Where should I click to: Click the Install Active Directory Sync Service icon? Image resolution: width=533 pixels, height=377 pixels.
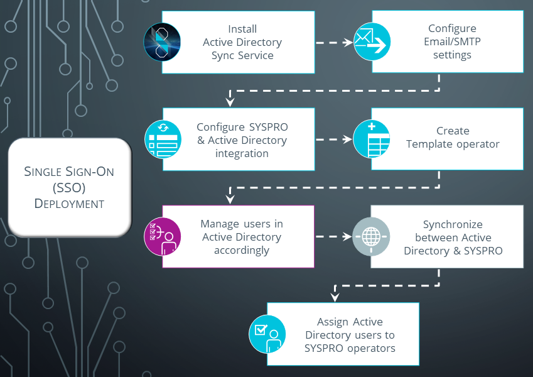click(163, 42)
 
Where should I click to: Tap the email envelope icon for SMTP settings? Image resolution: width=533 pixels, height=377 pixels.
click(372, 42)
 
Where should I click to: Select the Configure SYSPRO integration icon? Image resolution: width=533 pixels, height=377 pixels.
click(163, 139)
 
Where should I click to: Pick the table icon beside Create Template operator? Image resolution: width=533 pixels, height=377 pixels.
click(372, 139)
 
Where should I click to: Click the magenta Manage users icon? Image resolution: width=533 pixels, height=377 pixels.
click(163, 236)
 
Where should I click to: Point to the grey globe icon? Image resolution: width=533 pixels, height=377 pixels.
click(372, 236)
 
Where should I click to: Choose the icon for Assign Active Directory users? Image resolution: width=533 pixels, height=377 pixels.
click(267, 334)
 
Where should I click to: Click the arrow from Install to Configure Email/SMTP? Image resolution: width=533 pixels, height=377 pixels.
click(333, 43)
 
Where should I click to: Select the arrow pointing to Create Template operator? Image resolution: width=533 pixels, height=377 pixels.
click(333, 139)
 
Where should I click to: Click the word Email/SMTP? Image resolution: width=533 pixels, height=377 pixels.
click(452, 42)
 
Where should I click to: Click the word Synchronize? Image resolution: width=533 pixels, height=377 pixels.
click(453, 224)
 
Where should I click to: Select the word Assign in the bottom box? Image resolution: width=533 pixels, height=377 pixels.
click(333, 322)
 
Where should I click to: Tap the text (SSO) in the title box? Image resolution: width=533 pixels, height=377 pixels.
click(69, 187)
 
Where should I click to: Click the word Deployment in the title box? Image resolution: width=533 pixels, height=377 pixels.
click(69, 204)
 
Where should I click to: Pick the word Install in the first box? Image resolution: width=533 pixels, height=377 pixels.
click(242, 29)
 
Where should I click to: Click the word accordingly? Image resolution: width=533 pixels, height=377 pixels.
click(242, 250)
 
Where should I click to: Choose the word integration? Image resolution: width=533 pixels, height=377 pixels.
click(242, 153)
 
